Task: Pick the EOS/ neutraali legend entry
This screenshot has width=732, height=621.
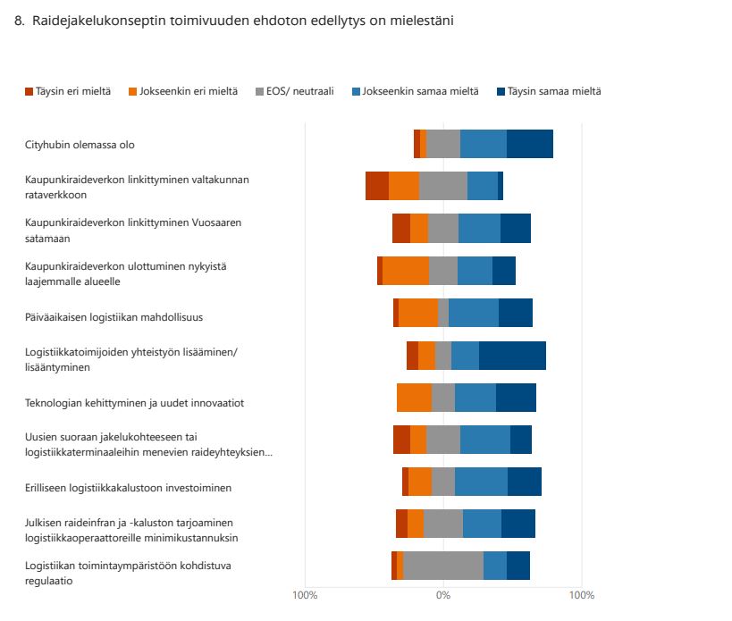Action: (x=294, y=92)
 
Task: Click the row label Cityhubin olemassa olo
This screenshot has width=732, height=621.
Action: (x=80, y=145)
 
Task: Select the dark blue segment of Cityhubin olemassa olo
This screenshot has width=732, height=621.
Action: (x=529, y=144)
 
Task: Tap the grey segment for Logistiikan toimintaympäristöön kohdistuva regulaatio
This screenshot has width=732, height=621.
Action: (x=443, y=566)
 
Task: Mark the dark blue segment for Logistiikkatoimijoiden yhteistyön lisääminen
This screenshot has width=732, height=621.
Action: (x=512, y=356)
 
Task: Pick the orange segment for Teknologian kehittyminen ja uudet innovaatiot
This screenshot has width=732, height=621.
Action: (x=414, y=398)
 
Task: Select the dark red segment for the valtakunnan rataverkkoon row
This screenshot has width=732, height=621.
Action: (x=377, y=186)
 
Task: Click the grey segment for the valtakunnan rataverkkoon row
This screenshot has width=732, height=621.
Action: (x=443, y=186)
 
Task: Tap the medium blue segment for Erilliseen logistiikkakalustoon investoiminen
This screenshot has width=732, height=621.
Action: (x=481, y=481)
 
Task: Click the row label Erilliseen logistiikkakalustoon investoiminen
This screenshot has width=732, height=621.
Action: (x=128, y=488)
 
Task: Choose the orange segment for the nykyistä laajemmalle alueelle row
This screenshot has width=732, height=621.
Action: (x=406, y=271)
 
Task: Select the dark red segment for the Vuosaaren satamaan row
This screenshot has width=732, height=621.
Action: (x=401, y=229)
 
